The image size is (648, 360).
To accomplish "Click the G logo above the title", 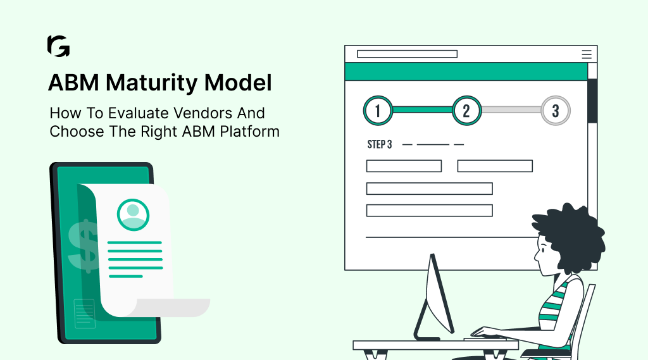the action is point(58,46).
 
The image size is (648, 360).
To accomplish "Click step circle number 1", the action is point(378,111).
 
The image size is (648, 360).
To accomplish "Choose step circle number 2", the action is point(466,111).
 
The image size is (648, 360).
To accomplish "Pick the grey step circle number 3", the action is point(556,111).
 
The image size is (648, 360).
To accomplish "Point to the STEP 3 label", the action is point(380,145).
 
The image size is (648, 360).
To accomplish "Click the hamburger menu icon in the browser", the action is point(587,54).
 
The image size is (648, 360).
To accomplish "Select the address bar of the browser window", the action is point(407,54).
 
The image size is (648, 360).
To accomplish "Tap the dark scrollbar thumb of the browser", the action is point(592,101).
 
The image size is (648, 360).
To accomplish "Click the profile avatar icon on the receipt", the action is point(133,215).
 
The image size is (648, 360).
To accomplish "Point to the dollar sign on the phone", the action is point(82,244).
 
